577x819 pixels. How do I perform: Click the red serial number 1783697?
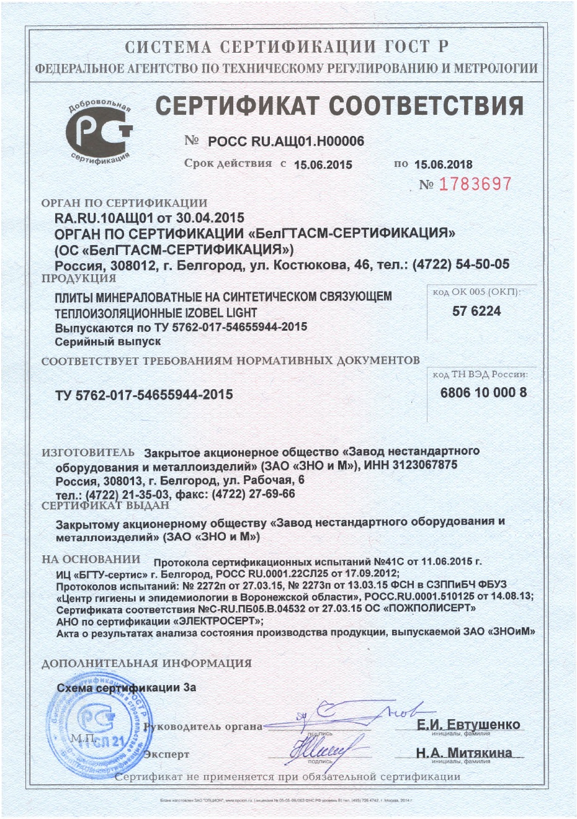coord(475,184)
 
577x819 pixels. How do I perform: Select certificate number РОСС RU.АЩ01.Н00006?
coord(286,141)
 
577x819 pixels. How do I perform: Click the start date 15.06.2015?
coord(323,164)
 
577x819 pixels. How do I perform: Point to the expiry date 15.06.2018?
coord(443,164)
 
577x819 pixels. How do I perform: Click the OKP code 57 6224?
coord(476,311)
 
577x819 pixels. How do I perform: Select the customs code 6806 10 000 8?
coord(483,392)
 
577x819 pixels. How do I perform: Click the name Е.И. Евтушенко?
coord(468,725)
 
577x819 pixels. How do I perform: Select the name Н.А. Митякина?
coord(464,753)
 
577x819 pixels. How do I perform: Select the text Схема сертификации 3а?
coord(127,687)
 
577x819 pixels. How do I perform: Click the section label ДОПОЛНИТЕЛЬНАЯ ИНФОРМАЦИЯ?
coord(146,663)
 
